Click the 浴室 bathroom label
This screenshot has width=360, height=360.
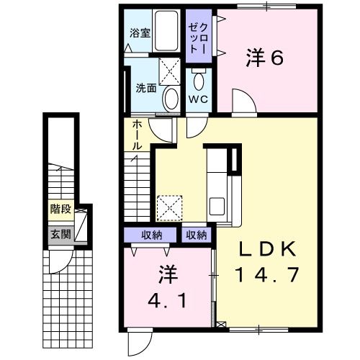(x=140, y=32)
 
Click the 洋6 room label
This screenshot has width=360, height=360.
(x=265, y=58)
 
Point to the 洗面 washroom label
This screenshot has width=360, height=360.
(x=146, y=89)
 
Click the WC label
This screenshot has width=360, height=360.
(x=199, y=99)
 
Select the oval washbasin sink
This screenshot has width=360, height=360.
(x=171, y=99)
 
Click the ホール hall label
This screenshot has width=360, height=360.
(x=136, y=135)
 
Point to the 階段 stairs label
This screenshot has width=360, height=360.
(x=60, y=210)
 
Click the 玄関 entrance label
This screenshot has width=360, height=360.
(x=60, y=234)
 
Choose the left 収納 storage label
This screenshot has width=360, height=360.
(x=150, y=235)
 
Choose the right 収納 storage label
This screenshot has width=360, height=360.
(x=196, y=235)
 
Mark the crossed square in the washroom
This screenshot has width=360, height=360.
(x=170, y=71)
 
